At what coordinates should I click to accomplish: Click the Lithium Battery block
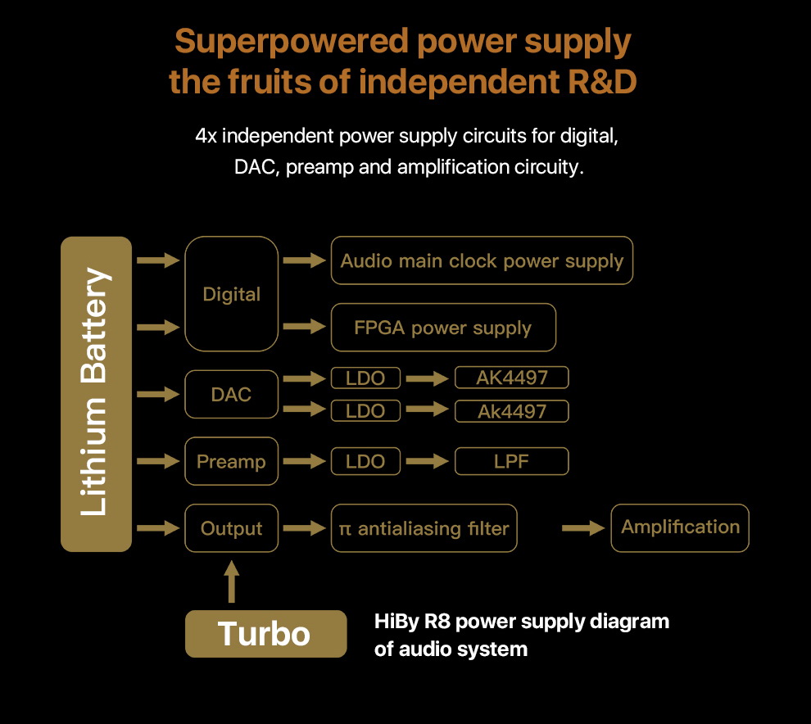pos(96,394)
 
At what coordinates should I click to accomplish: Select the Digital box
pos(231,294)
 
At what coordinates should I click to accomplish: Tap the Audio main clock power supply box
pos(482,260)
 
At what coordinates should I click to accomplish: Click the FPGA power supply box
pos(442,328)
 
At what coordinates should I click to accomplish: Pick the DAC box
pos(231,395)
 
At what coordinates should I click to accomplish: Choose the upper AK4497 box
pos(511,378)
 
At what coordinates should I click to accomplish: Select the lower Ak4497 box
pos(511,410)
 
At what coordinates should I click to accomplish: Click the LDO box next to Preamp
pos(365,461)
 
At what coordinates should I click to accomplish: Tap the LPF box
pos(511,461)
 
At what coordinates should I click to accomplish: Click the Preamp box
pos(231,461)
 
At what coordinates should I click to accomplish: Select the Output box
pos(231,528)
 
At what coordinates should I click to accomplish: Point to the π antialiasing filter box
pos(424,528)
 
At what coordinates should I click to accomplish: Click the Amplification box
pos(680,527)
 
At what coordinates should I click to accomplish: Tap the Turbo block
pos(265,633)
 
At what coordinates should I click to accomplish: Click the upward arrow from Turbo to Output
pos(232,581)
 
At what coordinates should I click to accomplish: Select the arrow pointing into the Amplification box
pos(583,528)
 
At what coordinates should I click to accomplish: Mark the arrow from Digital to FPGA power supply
pos(304,328)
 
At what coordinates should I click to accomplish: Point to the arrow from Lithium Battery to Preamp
pos(158,461)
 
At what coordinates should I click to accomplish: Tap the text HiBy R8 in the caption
pos(411,622)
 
